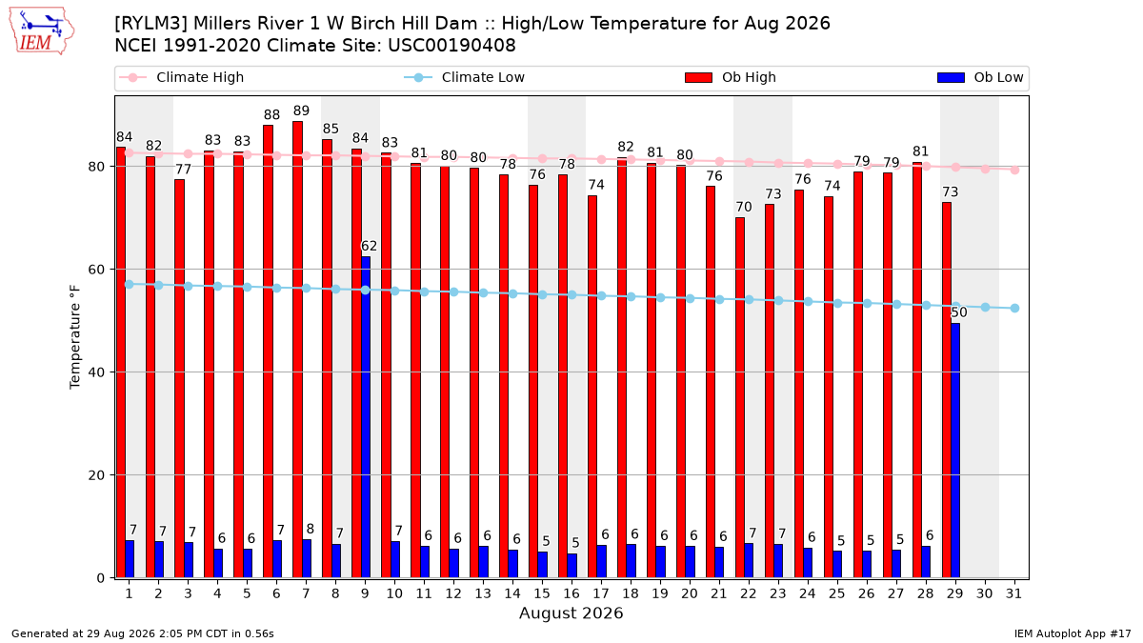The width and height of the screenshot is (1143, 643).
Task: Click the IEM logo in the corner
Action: pyautogui.click(x=42, y=31)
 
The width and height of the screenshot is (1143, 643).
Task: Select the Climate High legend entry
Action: pyautogui.click(x=181, y=77)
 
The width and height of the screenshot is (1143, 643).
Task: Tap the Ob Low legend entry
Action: pyautogui.click(x=980, y=77)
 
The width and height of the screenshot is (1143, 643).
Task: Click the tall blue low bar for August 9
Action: pyautogui.click(x=366, y=417)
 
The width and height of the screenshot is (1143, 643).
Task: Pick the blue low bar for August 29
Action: pyautogui.click(x=955, y=451)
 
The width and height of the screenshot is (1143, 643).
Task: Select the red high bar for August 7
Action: pyautogui.click(x=297, y=350)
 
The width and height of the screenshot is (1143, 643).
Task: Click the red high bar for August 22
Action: pyautogui.click(x=740, y=398)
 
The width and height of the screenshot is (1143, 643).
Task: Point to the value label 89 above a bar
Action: pyautogui.click(x=301, y=111)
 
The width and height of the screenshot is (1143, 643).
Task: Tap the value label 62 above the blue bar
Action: pyautogui.click(x=369, y=246)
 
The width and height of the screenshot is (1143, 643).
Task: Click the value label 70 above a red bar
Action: pyautogui.click(x=744, y=207)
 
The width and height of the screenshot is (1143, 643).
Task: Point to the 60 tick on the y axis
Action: pyautogui.click(x=96, y=270)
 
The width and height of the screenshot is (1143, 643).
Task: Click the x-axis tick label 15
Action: pyautogui.click(x=542, y=593)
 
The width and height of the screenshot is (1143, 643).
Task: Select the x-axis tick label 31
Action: pyautogui.click(x=1013, y=593)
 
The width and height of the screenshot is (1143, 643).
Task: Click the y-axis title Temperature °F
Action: pyautogui.click(x=75, y=337)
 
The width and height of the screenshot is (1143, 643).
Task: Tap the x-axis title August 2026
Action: pyautogui.click(x=571, y=613)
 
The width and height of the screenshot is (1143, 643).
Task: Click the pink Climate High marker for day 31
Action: pyautogui.click(x=1015, y=170)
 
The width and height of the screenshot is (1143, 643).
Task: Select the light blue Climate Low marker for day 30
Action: pyautogui.click(x=985, y=307)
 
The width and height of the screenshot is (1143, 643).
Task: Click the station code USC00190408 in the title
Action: pyautogui.click(x=451, y=46)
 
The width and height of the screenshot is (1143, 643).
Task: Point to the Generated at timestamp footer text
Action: pyautogui.click(x=142, y=633)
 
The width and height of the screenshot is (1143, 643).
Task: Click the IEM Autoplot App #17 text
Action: pyautogui.click(x=1073, y=633)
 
